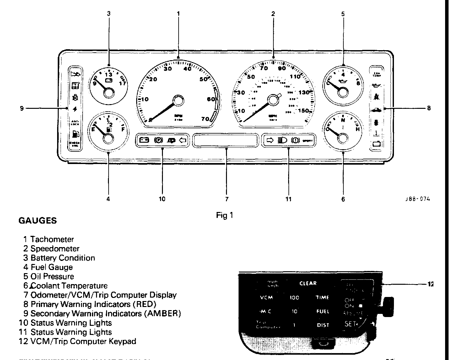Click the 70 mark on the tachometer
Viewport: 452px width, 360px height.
205,119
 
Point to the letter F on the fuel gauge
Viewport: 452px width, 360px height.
123,129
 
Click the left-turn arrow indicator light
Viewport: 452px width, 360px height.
183,140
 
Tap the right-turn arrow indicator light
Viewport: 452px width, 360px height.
270,140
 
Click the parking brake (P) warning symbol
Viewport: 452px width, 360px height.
158,140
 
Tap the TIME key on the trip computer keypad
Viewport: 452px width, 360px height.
322,298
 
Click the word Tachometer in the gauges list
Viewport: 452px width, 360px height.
52,240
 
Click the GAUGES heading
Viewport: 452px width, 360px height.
38,221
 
